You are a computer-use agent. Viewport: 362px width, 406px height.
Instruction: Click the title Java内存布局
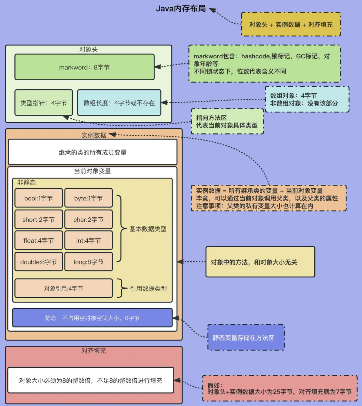coord(181,9)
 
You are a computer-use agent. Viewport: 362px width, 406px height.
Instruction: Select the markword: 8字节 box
coord(84,67)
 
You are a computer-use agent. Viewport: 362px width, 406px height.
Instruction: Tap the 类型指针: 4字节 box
coord(44,103)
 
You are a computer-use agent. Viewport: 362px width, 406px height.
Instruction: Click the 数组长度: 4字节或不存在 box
coord(119,103)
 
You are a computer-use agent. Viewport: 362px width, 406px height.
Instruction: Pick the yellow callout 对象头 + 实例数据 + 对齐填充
coord(291,25)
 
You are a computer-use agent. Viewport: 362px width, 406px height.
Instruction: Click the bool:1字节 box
coord(39,198)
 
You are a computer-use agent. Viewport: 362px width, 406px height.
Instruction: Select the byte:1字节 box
coord(89,198)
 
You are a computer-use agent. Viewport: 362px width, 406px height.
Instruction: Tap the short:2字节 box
coord(39,220)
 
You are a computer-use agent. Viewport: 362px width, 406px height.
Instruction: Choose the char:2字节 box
coord(89,220)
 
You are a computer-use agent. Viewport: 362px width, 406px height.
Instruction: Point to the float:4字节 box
coord(39,240)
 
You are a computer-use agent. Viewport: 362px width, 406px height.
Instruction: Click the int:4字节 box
coord(89,240)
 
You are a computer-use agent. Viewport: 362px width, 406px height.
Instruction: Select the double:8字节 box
coord(39,262)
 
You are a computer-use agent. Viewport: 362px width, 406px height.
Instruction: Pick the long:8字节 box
coord(89,262)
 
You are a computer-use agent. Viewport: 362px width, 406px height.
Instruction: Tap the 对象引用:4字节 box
coord(64,288)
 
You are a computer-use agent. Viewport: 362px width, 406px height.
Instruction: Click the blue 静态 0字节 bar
coord(92,318)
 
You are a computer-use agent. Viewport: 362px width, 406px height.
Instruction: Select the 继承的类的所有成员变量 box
coord(92,153)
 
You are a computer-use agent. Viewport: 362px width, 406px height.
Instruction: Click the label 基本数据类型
coord(148,229)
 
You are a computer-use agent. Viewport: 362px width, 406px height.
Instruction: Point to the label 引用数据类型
coord(148,288)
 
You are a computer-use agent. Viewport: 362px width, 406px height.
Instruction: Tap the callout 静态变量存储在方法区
coord(246,338)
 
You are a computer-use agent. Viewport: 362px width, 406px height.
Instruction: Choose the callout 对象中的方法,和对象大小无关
coord(260,262)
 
